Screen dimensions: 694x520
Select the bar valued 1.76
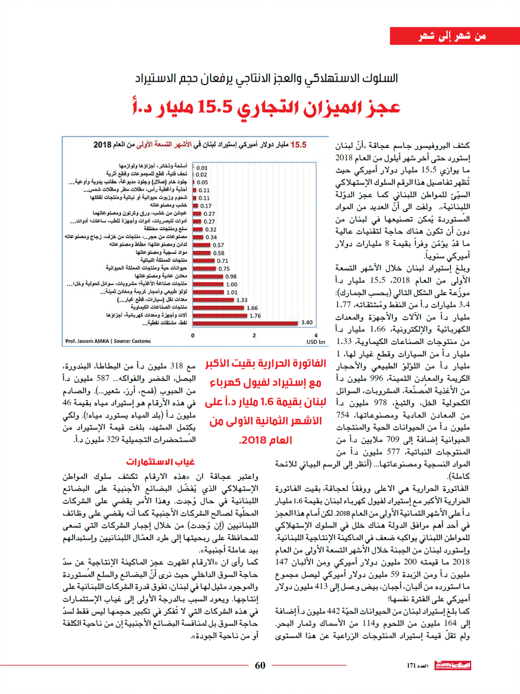click(x=220, y=315)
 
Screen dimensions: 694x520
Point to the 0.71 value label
click(x=223, y=261)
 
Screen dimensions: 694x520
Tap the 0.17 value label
click(x=206, y=206)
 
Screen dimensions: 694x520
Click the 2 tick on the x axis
click(x=254, y=336)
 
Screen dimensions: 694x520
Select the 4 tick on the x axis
click(x=315, y=336)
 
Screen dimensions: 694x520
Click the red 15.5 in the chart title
click(x=297, y=144)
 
